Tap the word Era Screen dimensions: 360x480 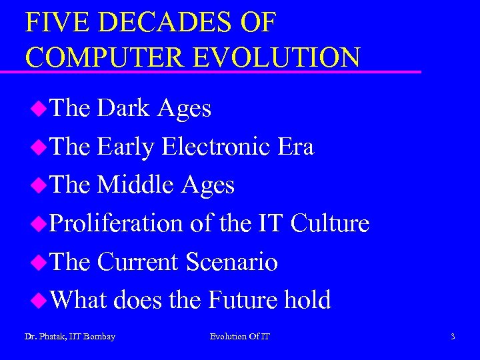[291, 147]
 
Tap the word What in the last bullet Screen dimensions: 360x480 [78, 300]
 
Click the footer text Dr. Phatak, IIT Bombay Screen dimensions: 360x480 [70, 337]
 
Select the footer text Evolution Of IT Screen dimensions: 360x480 [240, 337]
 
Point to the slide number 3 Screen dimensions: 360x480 [453, 337]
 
